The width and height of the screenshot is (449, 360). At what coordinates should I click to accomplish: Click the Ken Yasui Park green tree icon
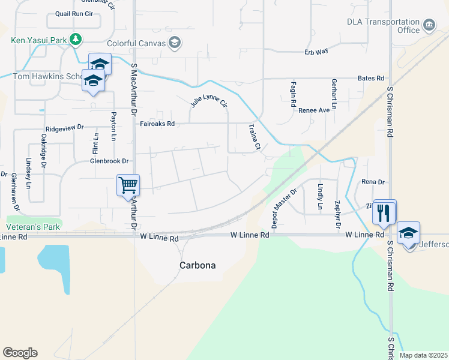[75, 40]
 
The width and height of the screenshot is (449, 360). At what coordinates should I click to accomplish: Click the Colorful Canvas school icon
[175, 43]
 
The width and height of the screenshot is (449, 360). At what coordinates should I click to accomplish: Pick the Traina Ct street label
[255, 137]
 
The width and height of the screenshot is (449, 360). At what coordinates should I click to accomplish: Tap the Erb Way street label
[316, 52]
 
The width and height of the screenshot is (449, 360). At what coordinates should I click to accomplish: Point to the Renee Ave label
[314, 110]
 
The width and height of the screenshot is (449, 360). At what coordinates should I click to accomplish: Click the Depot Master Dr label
[285, 208]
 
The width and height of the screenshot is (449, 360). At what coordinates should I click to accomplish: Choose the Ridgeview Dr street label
[64, 128]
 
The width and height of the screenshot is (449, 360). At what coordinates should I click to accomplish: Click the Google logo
[20, 353]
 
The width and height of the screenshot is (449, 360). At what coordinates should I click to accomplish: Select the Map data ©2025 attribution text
[423, 355]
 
